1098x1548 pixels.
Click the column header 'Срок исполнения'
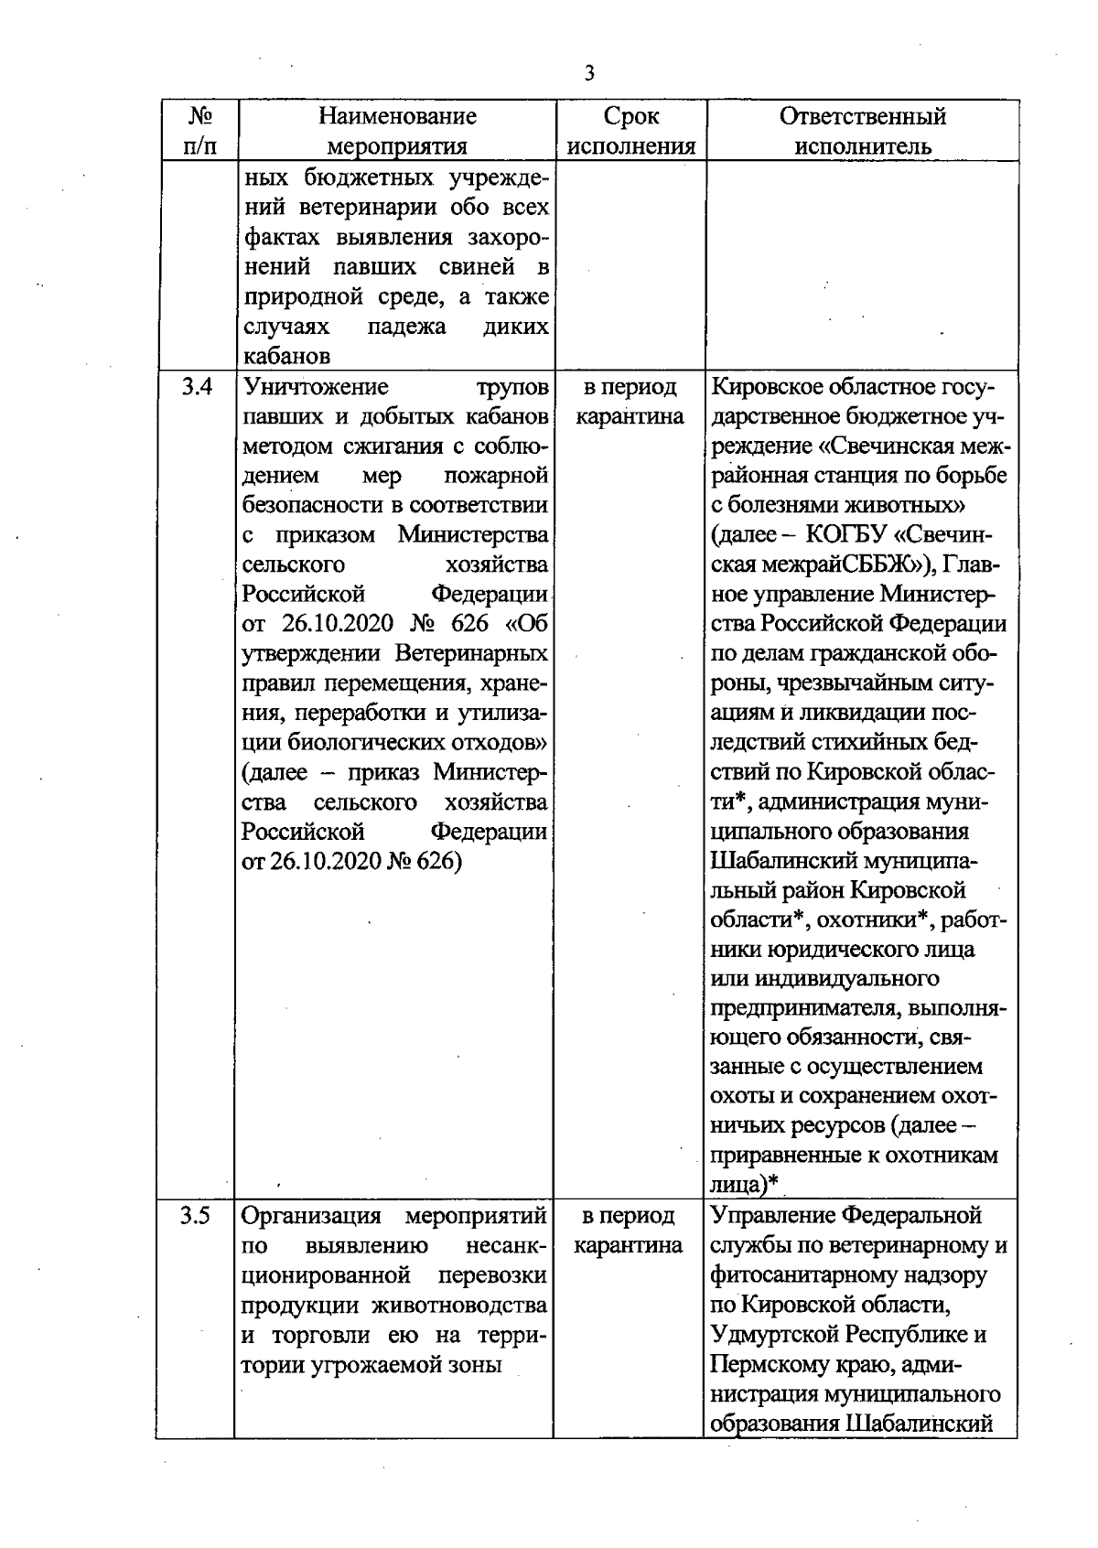pos(631,131)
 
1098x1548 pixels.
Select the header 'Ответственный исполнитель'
pos(862,131)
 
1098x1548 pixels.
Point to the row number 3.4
pos(197,388)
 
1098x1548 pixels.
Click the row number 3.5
pos(196,1216)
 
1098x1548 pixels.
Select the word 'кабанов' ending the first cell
pos(285,356)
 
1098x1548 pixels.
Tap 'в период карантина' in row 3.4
pos(630,402)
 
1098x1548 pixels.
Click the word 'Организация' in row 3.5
pos(311,1216)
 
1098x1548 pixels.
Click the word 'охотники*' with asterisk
pos(866,919)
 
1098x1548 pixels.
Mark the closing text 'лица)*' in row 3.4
pos(746,1184)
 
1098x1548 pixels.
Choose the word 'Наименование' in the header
pos(398,116)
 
